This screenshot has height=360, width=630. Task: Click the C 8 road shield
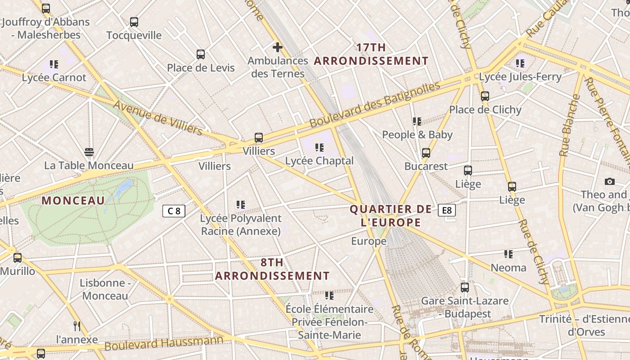174,211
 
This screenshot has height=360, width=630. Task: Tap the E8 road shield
446,210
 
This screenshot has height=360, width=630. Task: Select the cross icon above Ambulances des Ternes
278,47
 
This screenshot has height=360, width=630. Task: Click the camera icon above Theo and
610,181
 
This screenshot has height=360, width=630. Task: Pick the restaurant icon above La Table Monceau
89,152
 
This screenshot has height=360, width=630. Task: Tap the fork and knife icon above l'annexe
77,325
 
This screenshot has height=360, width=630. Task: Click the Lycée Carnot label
54,77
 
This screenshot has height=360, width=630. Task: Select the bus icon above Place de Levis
201,54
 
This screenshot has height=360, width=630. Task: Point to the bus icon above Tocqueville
134,22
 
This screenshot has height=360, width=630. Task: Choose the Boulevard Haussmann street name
164,343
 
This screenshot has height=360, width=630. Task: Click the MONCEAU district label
73,201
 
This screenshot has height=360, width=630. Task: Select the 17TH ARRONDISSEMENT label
371,54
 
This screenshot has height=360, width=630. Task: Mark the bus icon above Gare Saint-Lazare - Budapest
465,287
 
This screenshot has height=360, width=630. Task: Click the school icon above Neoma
508,254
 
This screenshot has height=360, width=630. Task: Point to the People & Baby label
417,135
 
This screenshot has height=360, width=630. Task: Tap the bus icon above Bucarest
426,153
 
